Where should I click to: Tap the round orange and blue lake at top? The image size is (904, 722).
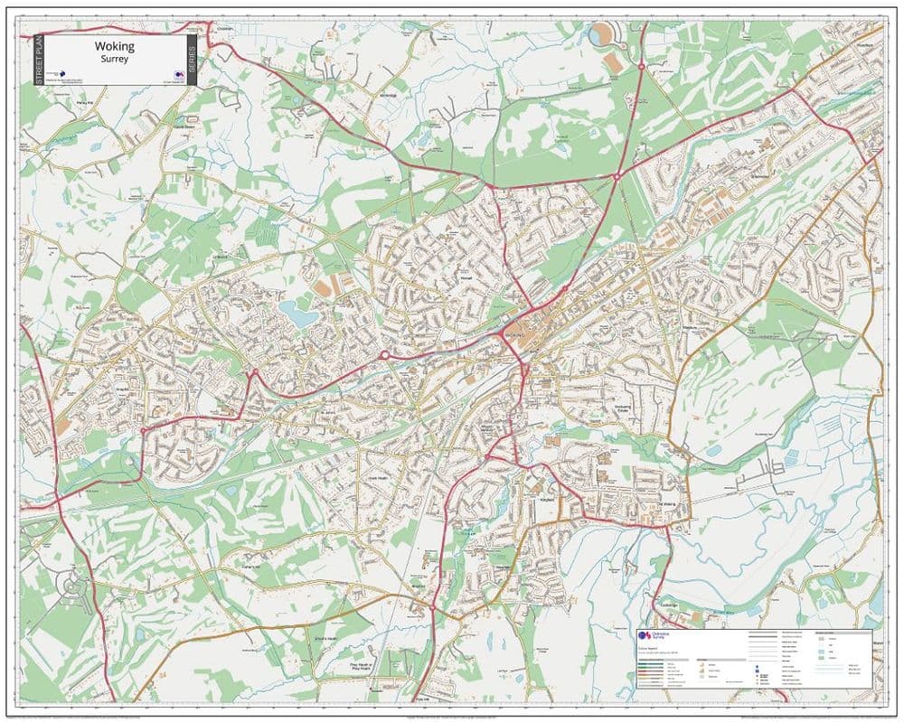[x=601, y=36]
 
